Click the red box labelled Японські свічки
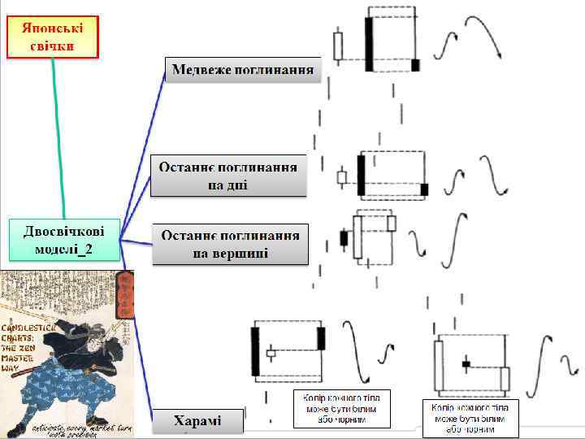[x=52, y=37]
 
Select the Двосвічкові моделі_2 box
[x=63, y=237]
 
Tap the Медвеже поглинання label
[x=243, y=70]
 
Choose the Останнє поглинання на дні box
[x=227, y=176]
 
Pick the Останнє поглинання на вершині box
[x=230, y=243]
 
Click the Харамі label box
[x=197, y=421]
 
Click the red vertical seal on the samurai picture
[x=124, y=294]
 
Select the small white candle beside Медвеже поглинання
[x=338, y=43]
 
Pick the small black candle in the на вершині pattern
[x=344, y=238]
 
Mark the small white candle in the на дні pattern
[x=341, y=177]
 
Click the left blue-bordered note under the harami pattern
[x=341, y=408]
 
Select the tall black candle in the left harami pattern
[x=256, y=350]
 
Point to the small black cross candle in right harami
[x=466, y=364]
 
